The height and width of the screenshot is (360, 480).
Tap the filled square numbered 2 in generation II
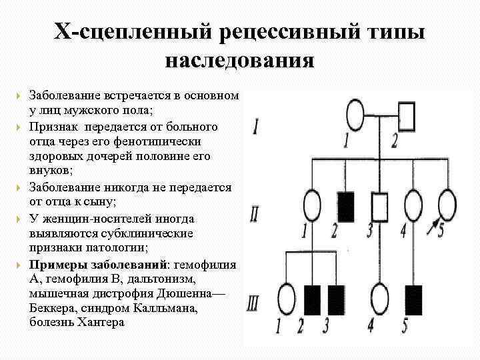347,206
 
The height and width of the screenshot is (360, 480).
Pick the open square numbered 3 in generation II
381,206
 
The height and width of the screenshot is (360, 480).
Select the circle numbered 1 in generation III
287,297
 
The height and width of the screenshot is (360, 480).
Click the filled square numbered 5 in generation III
414,298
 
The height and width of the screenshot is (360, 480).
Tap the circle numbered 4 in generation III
380,298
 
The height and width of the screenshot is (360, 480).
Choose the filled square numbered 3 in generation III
335,298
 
